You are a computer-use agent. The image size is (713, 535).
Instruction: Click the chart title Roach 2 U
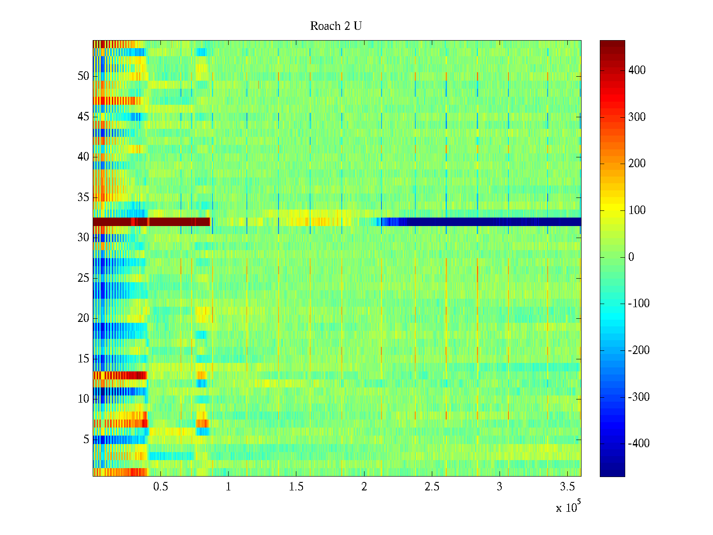coord(336,26)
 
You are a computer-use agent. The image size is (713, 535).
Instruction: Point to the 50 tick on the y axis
coord(83,76)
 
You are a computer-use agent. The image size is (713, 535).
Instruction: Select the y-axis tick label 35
coord(83,198)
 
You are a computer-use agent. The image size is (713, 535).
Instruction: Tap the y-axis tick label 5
coord(86,440)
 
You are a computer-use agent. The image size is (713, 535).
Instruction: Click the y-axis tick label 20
coord(83,318)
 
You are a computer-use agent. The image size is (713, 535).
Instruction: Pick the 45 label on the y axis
coord(83,117)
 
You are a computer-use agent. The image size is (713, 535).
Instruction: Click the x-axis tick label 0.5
coord(160,487)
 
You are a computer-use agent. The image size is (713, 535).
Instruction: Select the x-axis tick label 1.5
coord(296,487)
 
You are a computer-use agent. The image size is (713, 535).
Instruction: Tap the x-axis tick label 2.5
coord(432,487)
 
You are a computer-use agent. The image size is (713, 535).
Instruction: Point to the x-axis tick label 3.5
coord(567,487)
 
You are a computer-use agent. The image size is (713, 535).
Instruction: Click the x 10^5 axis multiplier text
coord(568,507)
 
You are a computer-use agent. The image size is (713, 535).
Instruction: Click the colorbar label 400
coord(637,70)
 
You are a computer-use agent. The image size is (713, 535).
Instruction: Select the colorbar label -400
coord(639,444)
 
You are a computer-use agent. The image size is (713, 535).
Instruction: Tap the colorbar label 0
coord(631,257)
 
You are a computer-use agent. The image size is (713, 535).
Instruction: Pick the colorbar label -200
coord(639,350)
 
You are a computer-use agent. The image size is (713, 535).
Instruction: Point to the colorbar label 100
coord(637,210)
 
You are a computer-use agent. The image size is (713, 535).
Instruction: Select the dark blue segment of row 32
coord(490,222)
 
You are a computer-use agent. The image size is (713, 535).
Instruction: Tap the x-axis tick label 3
coord(500,487)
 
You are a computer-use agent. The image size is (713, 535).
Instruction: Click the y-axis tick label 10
coord(83,399)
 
